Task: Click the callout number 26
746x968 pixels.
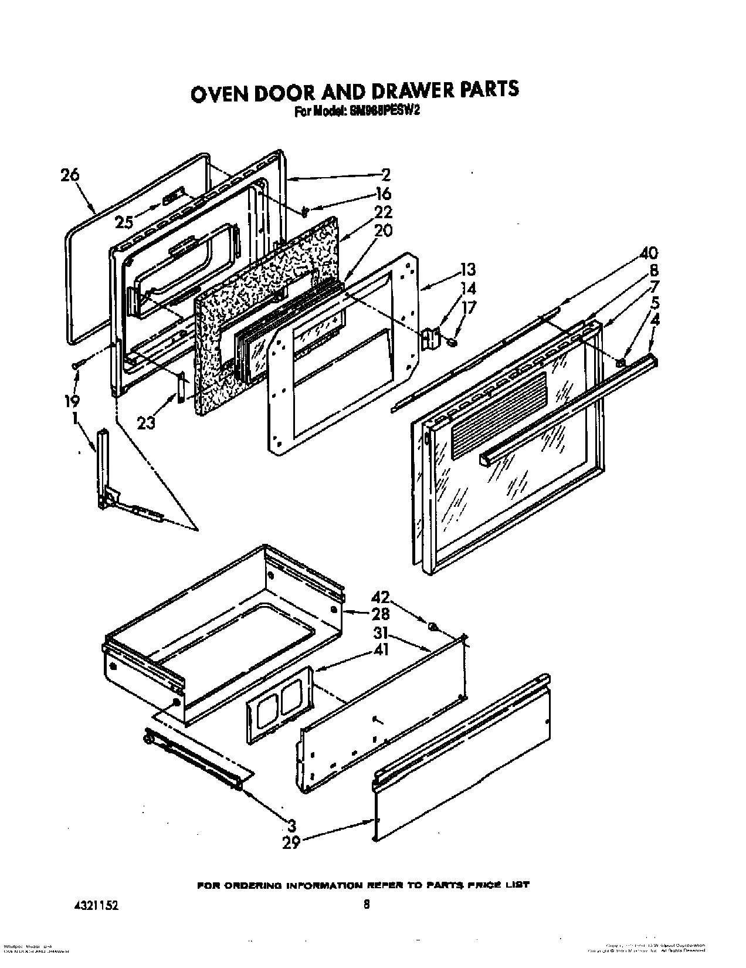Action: tap(70, 175)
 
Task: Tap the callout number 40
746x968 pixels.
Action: tap(648, 253)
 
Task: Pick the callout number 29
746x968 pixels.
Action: tap(291, 843)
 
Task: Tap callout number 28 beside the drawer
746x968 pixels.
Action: tap(380, 614)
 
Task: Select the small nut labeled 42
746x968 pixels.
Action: tap(433, 627)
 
